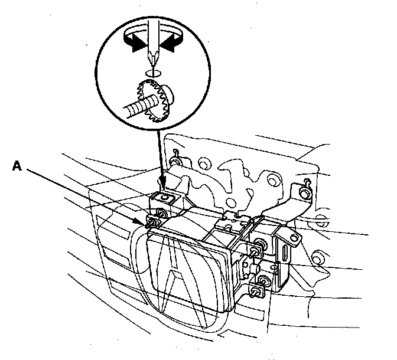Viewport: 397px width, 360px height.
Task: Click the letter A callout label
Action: pos(18,168)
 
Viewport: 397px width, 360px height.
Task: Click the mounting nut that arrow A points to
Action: pos(152,222)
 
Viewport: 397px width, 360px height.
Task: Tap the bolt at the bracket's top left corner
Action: pos(175,161)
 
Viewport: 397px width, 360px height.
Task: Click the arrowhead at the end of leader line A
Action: pos(145,221)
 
